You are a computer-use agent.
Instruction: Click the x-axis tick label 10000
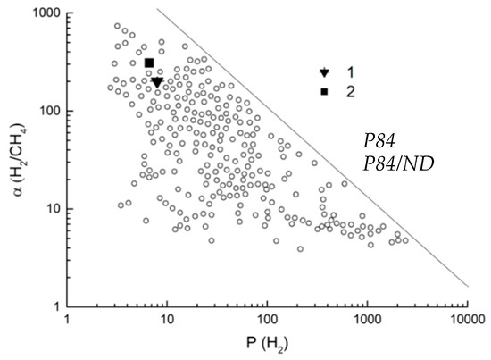(465, 319)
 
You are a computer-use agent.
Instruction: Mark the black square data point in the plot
(149, 63)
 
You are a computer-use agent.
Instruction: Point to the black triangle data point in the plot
(157, 82)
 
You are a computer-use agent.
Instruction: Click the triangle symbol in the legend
(325, 73)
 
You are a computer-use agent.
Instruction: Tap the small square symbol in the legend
(325, 92)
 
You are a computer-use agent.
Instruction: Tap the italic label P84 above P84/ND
(382, 140)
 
